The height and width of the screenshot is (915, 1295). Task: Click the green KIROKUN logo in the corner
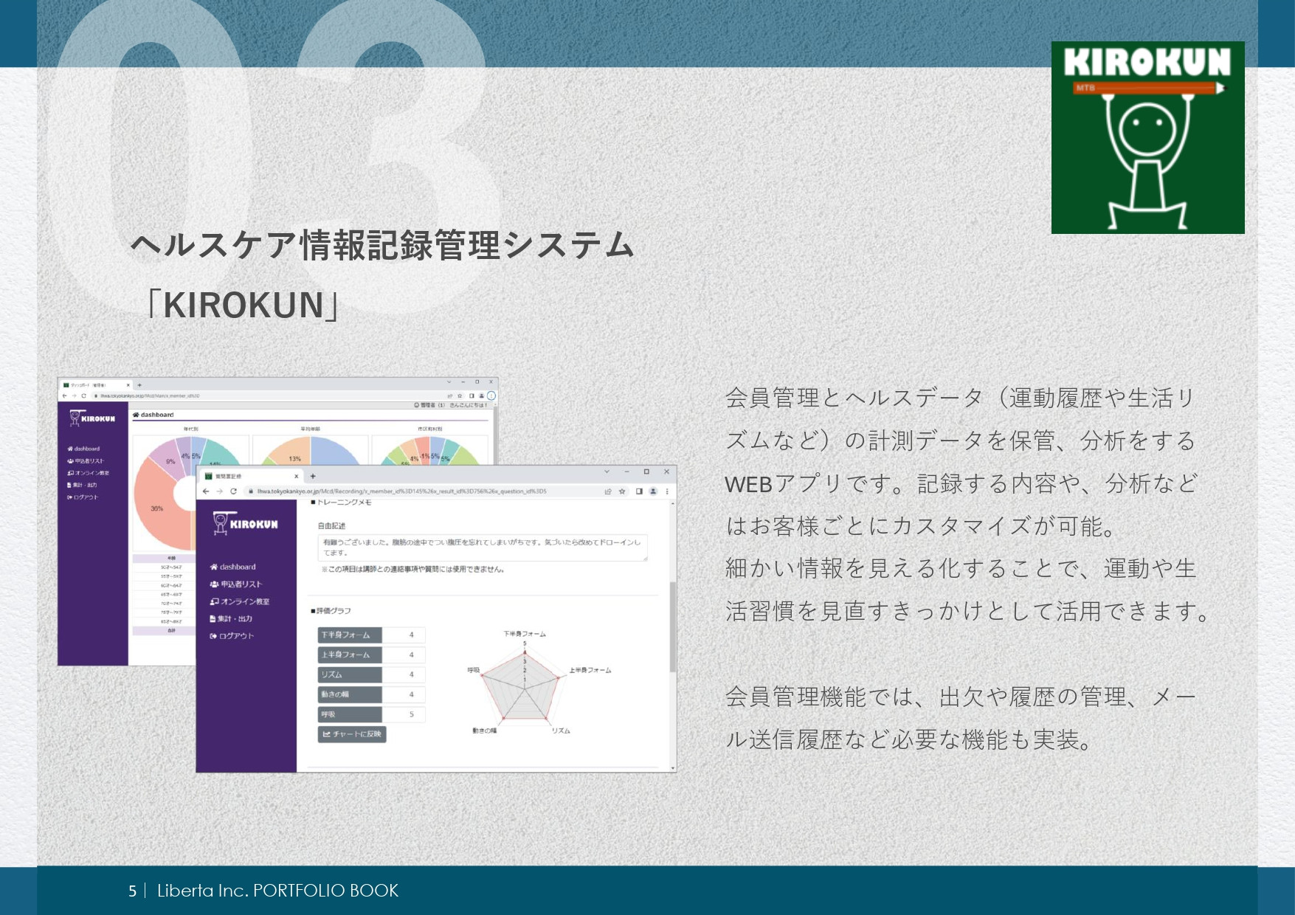tap(1147, 137)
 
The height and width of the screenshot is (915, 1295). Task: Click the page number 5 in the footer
tap(132, 891)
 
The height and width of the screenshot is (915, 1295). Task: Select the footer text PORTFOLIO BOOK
tap(325, 891)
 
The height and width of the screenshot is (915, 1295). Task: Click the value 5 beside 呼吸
tap(411, 714)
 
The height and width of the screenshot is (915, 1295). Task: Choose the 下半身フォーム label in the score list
tap(349, 635)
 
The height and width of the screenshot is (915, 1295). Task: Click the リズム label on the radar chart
tap(560, 731)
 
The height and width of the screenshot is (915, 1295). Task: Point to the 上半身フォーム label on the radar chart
tap(590, 670)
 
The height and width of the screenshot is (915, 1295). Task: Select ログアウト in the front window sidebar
tap(235, 636)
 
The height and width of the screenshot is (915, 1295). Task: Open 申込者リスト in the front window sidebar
tap(241, 584)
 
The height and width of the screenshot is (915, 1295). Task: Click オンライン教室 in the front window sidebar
tap(244, 601)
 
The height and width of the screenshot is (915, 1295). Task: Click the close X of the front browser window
tap(666, 472)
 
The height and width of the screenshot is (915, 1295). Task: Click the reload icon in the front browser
tap(233, 491)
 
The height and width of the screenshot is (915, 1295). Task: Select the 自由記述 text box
tap(482, 548)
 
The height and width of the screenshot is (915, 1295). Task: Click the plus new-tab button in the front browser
tap(313, 476)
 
